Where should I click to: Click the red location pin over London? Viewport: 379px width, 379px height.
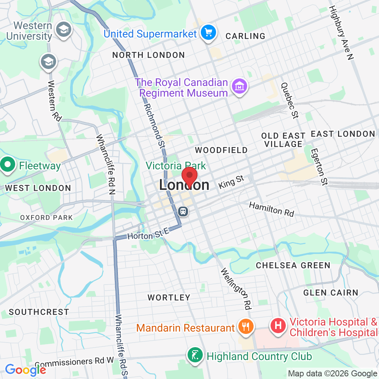tap(190, 177)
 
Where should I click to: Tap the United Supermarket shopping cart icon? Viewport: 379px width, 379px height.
tap(208, 33)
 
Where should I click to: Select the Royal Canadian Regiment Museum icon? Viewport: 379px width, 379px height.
tap(240, 87)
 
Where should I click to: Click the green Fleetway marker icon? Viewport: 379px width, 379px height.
tap(7, 165)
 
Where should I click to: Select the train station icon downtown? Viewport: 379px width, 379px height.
tap(183, 211)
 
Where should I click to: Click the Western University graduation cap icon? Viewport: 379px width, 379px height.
tap(63, 29)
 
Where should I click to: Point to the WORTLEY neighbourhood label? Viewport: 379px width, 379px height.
tap(169, 298)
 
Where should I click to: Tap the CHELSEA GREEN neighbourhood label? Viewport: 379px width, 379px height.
tap(293, 265)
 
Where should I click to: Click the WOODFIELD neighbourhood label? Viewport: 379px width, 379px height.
tap(221, 150)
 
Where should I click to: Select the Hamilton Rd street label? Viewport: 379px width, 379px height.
tap(271, 209)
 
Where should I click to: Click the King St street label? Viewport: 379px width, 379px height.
tap(231, 182)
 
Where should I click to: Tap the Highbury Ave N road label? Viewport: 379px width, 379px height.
tap(341, 33)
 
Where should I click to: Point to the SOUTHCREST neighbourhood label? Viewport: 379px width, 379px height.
tap(39, 312)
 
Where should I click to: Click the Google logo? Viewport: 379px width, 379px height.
tap(25, 370)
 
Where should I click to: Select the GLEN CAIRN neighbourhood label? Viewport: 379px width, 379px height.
tap(330, 292)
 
